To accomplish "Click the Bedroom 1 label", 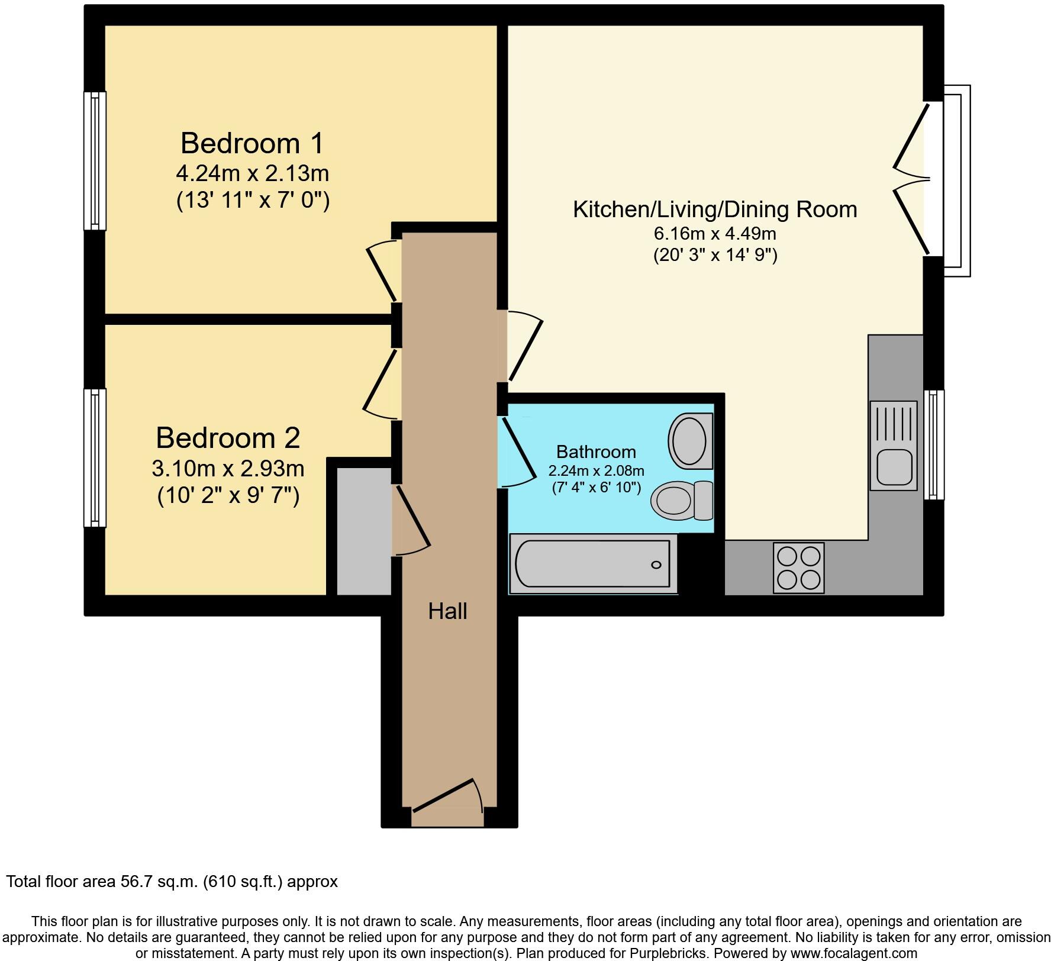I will click(253, 144).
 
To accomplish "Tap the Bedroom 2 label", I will click(228, 438).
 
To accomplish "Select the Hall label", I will click(447, 611).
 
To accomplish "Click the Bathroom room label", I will click(596, 452).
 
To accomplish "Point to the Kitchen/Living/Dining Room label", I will click(715, 209).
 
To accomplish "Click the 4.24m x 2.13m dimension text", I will click(253, 173).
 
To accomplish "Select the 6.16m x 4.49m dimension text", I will click(715, 234).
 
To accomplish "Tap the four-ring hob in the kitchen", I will click(798, 568).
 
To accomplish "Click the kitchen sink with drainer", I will click(893, 445).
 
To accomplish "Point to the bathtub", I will click(593, 564).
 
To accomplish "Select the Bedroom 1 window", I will click(95, 160).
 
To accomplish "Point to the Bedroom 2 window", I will click(95, 457).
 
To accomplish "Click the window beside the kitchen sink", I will click(934, 444).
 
